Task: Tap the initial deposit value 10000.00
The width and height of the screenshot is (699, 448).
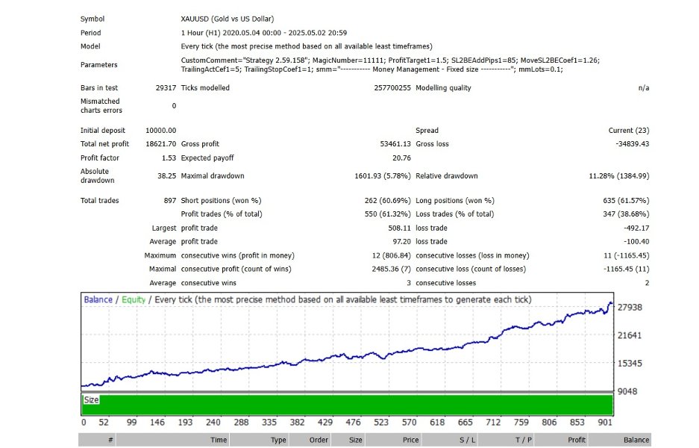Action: (x=161, y=131)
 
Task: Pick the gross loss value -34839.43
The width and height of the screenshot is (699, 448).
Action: (x=630, y=144)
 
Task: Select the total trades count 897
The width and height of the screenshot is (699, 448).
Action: (x=170, y=201)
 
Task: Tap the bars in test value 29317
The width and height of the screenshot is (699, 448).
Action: (x=166, y=88)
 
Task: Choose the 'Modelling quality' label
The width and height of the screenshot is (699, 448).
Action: (x=443, y=88)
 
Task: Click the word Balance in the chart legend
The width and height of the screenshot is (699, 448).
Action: (x=98, y=300)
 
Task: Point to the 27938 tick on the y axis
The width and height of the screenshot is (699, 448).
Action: (x=631, y=308)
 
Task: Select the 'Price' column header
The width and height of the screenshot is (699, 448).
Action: (x=411, y=440)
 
